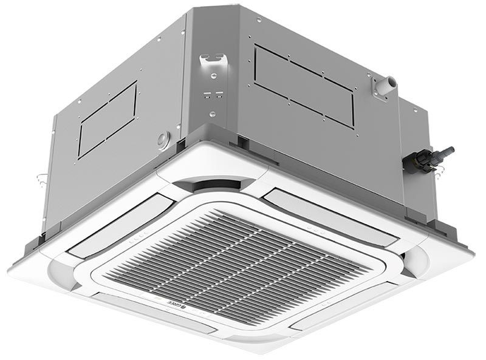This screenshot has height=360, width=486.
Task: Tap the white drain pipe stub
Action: (x=386, y=84)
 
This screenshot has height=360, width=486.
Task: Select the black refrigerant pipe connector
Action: (x=426, y=160)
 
